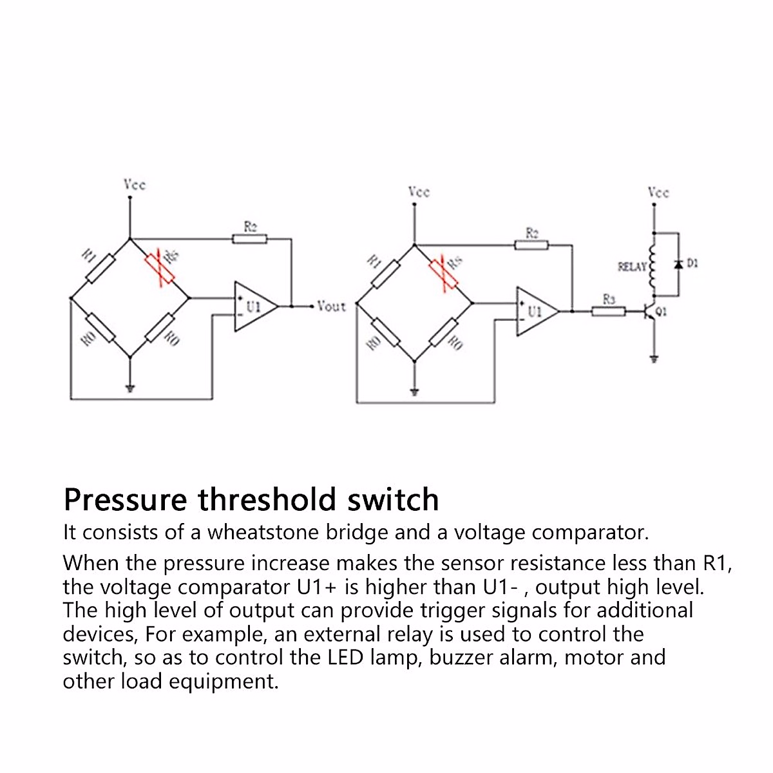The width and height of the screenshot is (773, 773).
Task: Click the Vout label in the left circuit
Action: click(332, 307)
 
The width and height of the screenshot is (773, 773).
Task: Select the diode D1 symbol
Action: click(678, 264)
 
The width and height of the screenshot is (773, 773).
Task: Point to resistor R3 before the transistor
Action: click(609, 312)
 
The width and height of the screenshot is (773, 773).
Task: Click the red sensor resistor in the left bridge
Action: click(160, 269)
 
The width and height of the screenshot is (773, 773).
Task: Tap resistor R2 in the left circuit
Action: click(249, 239)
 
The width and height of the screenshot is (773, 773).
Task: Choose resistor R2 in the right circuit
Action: click(531, 244)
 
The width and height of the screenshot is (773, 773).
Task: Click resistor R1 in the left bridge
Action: click(100, 269)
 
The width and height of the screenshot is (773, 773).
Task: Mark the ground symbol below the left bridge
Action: click(130, 388)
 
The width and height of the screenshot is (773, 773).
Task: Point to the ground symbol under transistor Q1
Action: click(654, 359)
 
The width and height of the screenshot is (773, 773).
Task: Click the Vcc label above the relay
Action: click(658, 192)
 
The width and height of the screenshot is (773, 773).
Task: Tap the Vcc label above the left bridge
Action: click(135, 185)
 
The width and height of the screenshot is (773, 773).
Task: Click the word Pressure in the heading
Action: click(126, 500)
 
